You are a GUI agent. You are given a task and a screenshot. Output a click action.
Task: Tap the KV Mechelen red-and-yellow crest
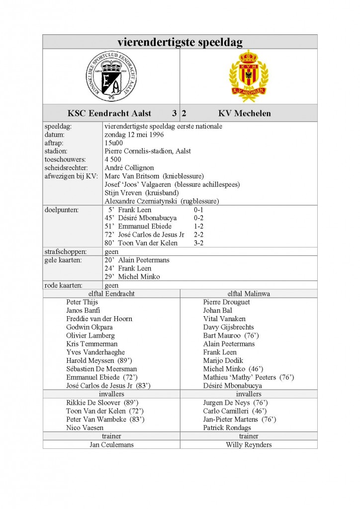[248, 76]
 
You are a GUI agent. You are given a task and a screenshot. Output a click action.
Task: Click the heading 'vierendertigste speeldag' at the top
[180, 41]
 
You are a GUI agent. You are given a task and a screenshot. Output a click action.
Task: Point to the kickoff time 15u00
[113, 143]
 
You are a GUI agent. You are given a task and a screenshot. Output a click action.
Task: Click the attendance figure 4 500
[114, 160]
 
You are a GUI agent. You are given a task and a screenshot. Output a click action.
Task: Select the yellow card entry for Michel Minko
[132, 276]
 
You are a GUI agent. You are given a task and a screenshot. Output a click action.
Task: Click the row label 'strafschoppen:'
[66, 252]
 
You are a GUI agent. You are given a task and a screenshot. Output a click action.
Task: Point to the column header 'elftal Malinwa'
[249, 293]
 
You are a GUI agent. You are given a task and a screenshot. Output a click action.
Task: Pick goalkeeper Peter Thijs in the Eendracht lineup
[82, 302]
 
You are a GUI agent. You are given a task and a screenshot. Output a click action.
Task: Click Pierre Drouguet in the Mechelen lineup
[227, 302]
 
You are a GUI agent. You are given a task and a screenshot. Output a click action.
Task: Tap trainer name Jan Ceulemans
[111, 444]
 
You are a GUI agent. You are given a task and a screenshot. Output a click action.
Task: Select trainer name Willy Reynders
[249, 444]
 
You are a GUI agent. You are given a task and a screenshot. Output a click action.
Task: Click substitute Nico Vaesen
[85, 427]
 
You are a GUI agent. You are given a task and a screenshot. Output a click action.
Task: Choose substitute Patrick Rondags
[227, 427]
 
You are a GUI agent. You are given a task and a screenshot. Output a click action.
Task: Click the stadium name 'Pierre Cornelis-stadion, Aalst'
[148, 151]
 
